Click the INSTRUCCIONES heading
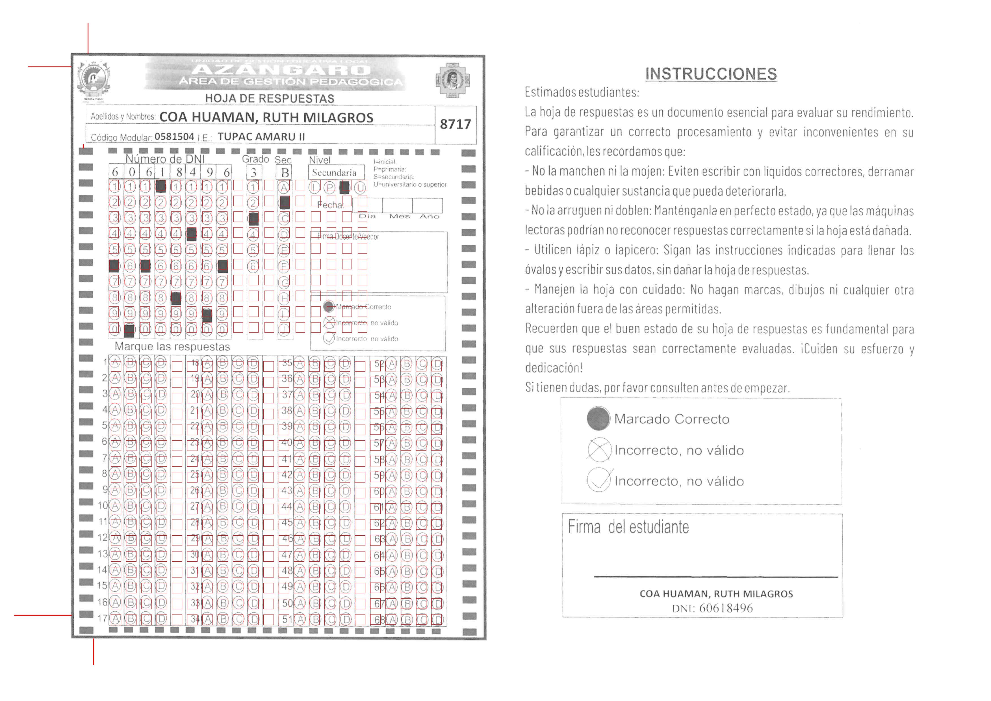pos(711,74)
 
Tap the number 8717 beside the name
pos(455,124)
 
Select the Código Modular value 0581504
pos(174,137)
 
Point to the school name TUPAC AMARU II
pos(261,137)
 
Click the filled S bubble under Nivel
pos(344,187)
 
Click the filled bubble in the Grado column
pos(254,218)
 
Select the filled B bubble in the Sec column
pos(285,202)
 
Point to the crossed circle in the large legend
pos(599,450)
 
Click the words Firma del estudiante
pos(628,527)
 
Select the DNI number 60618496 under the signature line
pos(726,608)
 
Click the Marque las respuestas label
pos(172,347)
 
